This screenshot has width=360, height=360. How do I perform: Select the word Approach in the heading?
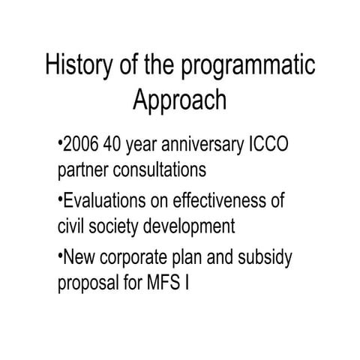(179, 100)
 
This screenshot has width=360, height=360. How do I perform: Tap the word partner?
(83, 169)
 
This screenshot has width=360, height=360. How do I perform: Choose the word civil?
(72, 226)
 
